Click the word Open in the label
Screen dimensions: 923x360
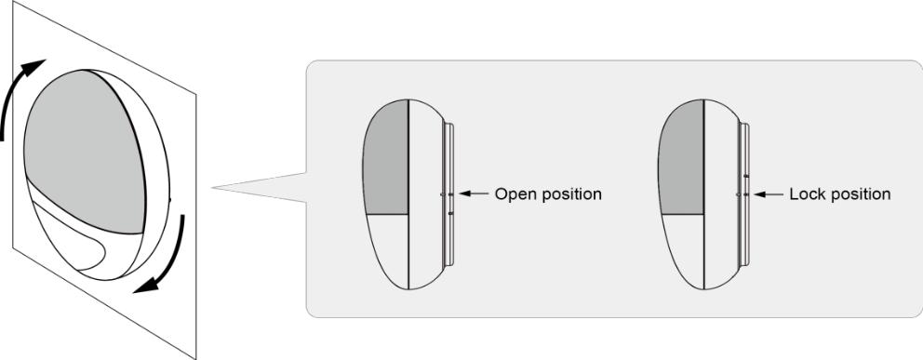click(512, 193)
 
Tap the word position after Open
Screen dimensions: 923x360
click(568, 194)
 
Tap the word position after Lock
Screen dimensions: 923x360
click(857, 194)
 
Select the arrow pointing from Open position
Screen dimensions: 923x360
click(474, 193)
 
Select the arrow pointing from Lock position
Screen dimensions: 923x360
click(769, 193)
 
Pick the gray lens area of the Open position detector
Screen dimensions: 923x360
click(386, 157)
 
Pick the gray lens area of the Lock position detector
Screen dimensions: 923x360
click(681, 157)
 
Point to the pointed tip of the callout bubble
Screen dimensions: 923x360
click(213, 188)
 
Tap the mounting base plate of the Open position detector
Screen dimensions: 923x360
click(450, 194)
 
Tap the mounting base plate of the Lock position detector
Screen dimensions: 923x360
click(745, 194)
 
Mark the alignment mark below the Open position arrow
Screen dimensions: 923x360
click(450, 214)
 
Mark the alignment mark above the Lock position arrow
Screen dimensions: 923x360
click(745, 175)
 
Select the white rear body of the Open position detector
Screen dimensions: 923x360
click(427, 194)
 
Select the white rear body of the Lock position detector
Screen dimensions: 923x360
click(722, 194)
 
